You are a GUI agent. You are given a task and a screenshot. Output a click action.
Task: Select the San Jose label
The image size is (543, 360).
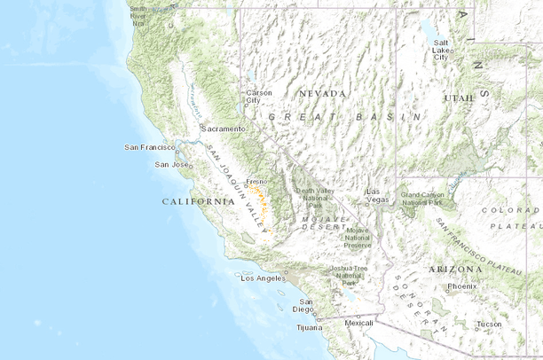(171, 164)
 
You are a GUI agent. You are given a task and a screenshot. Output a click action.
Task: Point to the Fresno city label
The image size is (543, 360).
(256, 181)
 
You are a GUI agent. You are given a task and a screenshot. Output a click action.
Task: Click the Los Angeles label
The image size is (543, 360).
(261, 278)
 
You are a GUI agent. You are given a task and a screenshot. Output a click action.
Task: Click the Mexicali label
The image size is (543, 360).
(358, 324)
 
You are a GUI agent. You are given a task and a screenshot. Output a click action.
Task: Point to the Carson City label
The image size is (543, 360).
(259, 96)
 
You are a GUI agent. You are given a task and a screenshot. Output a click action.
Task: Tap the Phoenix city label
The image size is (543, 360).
(462, 286)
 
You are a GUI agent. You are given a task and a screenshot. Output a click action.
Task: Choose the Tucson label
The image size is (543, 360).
(488, 324)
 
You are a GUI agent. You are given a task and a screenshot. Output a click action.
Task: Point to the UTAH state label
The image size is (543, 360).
(459, 98)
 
